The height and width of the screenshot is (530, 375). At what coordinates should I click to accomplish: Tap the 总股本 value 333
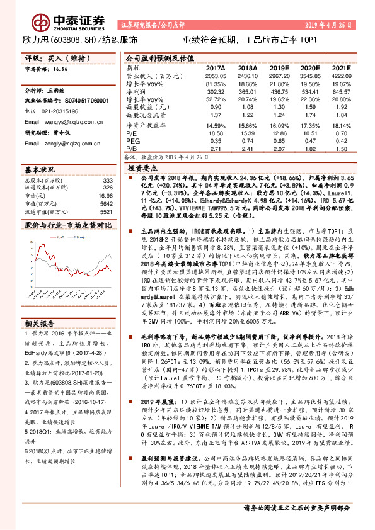click(107, 181)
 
